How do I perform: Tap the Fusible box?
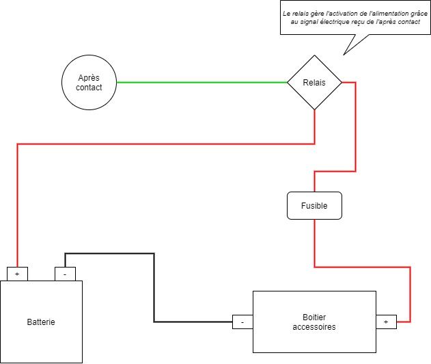[x=314, y=205]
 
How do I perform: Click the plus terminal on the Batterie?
[x=17, y=274]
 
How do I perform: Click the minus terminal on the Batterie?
[x=65, y=274]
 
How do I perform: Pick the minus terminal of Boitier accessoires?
[x=242, y=322]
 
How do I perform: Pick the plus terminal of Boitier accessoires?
[x=386, y=322]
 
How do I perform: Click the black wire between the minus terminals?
[x=154, y=287]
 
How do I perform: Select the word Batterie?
[x=41, y=322]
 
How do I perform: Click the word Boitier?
[x=314, y=317]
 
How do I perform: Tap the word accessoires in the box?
[x=314, y=327]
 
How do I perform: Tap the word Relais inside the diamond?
[x=314, y=83]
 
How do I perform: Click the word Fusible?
[x=314, y=205]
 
